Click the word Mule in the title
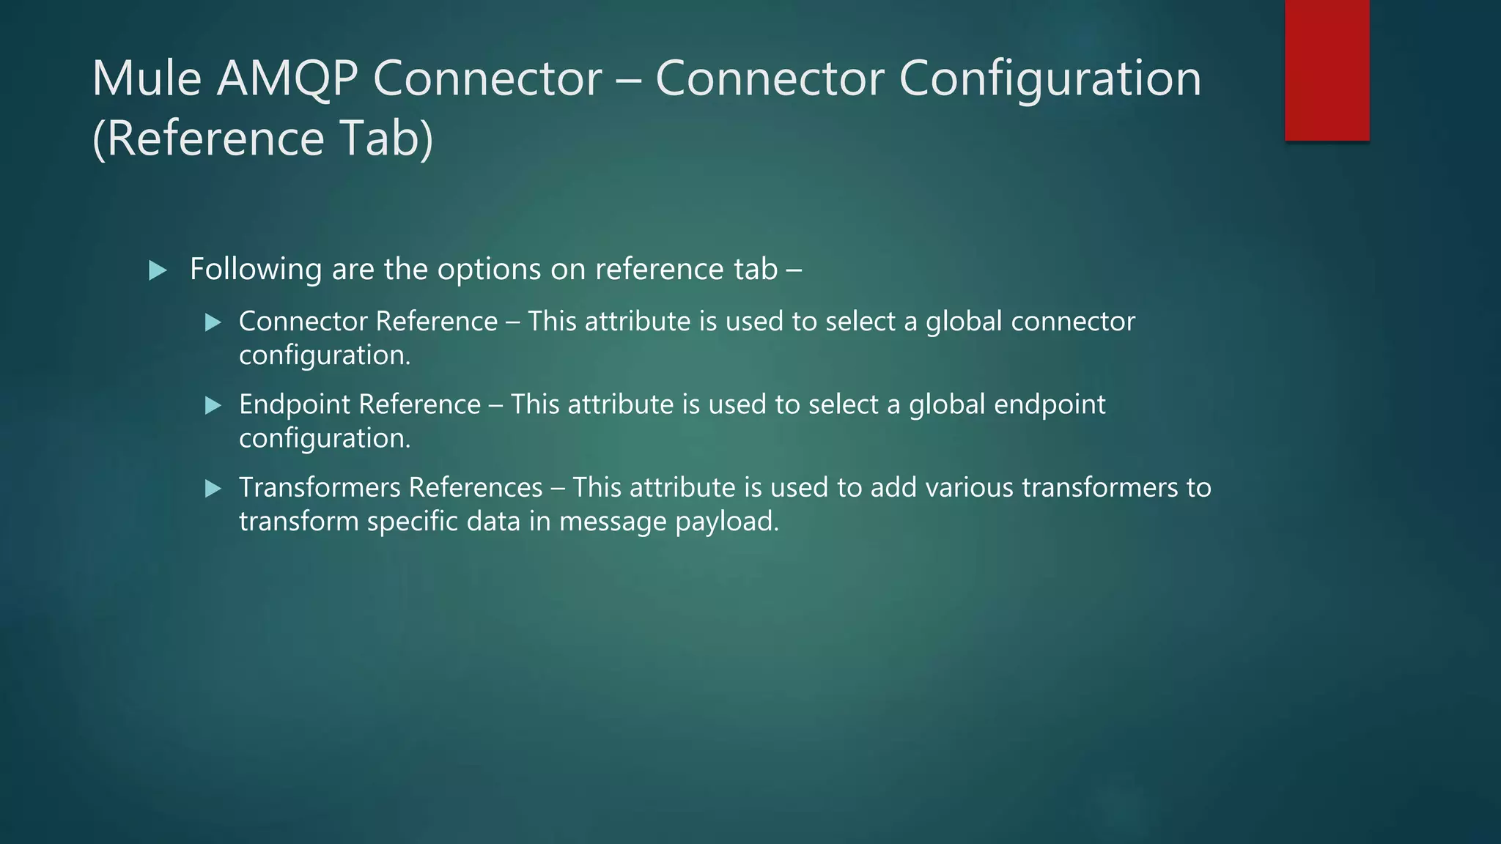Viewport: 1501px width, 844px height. (147, 78)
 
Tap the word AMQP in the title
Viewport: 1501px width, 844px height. (287, 78)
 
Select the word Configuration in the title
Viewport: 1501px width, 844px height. (1050, 78)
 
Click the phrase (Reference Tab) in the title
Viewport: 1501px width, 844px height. (262, 138)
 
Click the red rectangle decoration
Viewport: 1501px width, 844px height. (1327, 70)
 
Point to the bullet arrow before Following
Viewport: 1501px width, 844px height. (158, 270)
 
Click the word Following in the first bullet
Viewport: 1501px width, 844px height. (255, 269)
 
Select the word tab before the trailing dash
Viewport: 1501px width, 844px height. (755, 269)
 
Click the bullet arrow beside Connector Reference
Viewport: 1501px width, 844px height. (213, 322)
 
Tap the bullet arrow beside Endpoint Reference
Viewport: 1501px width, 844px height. (213, 405)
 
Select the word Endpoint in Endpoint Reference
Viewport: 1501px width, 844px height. (294, 404)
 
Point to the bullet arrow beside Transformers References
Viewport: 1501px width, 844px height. (213, 489)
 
